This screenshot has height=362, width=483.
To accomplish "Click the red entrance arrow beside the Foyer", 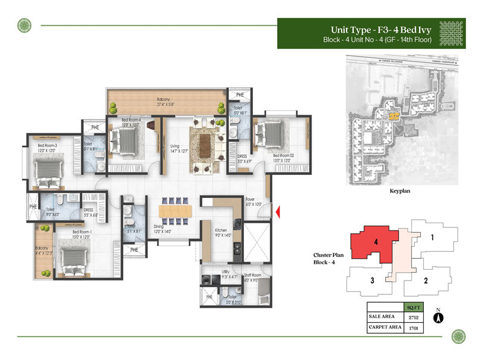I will pos(279,212).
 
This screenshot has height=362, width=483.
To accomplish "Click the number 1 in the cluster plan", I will pos(432,238).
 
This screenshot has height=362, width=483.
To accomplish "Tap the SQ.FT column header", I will pos(412,306).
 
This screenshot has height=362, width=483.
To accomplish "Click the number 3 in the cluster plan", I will pos(373,280).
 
